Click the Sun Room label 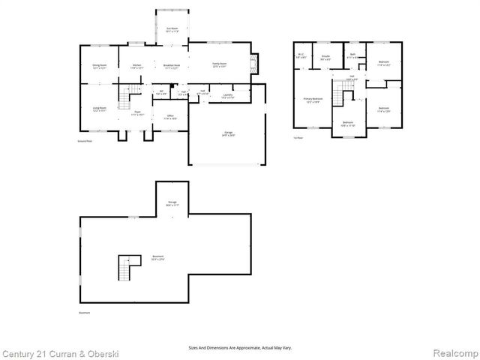coord(172,29)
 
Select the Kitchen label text coord(136,66)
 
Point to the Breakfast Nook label coord(172,66)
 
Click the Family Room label coord(219,66)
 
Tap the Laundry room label coord(227,95)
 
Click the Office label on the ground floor coord(170,116)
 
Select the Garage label coord(226,133)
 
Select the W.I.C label coord(301,55)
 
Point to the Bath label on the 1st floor coord(352,55)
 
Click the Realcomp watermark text coord(454,352)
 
